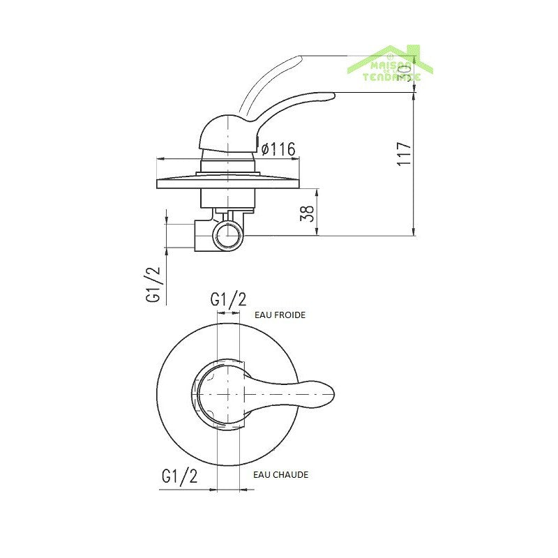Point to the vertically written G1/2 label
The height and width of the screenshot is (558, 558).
coord(153,285)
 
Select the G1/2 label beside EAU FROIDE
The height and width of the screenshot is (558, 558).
coord(229,300)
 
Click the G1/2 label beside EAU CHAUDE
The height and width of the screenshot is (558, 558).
coord(179,476)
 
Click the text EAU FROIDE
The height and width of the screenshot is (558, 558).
coord(280,315)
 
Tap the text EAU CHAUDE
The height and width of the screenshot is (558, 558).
coord(281,474)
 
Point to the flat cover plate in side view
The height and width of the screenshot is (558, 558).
coord(229,183)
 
